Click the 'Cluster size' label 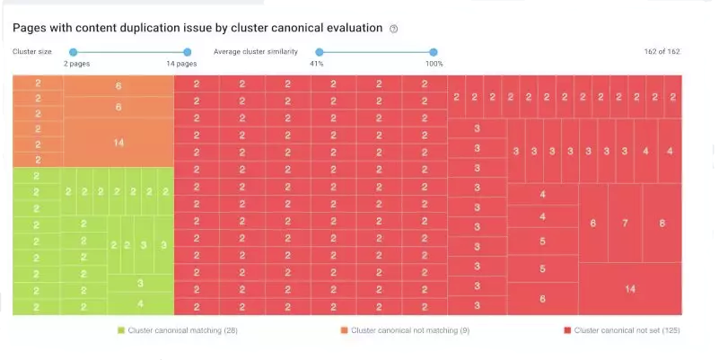31,51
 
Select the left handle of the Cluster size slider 74,52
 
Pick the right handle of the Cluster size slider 187,52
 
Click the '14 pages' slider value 182,65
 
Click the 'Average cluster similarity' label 256,51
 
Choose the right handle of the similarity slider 434,52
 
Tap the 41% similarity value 317,65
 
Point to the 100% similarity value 434,65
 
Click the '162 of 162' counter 662,51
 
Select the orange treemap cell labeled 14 118,143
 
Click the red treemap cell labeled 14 629,288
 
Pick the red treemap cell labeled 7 625,223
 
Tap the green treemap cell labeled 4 140,303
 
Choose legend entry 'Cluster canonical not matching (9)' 403,330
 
